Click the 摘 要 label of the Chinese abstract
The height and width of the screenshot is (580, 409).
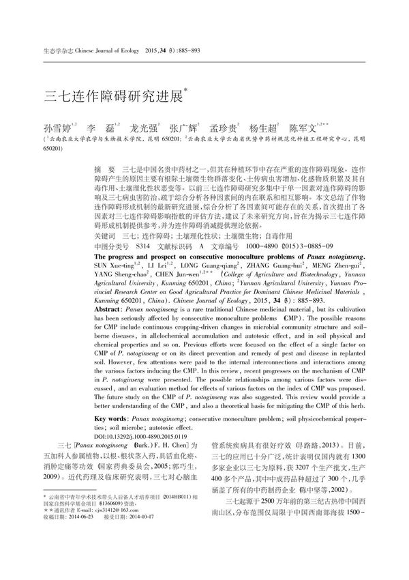(x=104, y=168)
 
